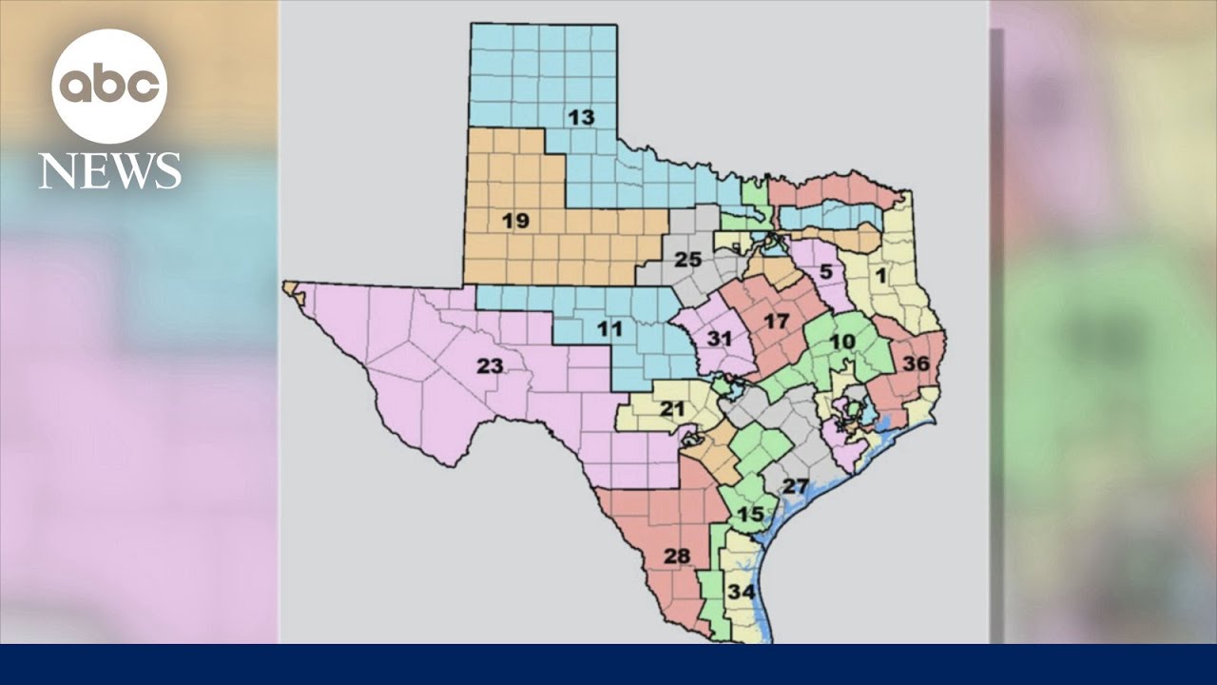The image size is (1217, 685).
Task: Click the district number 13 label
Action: coord(581,118)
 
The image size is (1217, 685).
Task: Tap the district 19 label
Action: coord(515,221)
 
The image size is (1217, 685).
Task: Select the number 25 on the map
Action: coord(688,260)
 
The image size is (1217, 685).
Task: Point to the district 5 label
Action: coord(826,272)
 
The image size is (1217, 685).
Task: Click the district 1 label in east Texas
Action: coord(880,276)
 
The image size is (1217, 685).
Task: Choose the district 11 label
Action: coord(609,330)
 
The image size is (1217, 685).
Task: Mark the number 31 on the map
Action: coord(720,339)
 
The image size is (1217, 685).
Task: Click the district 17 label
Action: coord(776,322)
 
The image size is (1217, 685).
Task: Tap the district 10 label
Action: coord(842,342)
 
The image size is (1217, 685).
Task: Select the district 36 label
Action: coord(916,363)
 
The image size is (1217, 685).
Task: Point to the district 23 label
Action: coord(490,365)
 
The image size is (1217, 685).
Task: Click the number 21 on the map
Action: coord(673,409)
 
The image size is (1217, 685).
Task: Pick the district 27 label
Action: coord(795,487)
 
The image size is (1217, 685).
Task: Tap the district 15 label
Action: coord(750,515)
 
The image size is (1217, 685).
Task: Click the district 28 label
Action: coord(676,557)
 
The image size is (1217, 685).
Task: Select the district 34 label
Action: coord(742,592)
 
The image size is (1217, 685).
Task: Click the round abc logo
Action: coord(109,87)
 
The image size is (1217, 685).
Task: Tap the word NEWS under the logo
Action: coord(109,171)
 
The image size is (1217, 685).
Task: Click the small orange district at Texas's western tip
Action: coord(290,286)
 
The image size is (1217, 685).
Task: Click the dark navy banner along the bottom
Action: coord(608,664)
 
